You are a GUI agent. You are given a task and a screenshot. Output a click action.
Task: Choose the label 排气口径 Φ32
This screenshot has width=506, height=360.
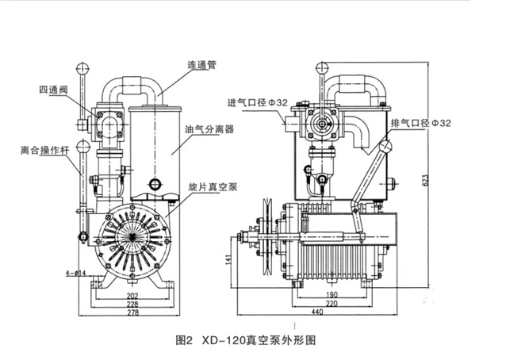(420, 124)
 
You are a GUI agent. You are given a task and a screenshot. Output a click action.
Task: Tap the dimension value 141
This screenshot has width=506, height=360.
(229, 259)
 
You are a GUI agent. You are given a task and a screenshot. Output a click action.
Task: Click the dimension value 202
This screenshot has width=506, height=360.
(132, 293)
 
